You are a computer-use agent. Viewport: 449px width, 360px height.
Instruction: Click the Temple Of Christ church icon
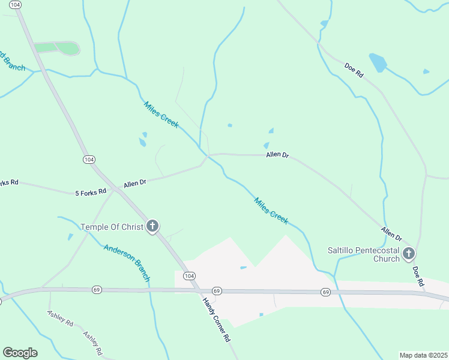point(152,226)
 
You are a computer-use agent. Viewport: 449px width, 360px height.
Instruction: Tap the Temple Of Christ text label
point(112,227)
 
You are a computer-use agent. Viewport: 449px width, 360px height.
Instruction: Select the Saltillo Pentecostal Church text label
point(363,254)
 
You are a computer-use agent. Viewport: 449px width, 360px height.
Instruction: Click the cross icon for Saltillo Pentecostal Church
point(409,254)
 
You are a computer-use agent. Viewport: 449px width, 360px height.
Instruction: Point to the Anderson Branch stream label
point(127,263)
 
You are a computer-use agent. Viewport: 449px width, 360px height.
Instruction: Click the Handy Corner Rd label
point(217,320)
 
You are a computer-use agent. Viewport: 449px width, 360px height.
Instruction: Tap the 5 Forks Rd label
point(91,192)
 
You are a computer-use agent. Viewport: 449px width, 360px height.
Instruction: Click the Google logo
point(20,353)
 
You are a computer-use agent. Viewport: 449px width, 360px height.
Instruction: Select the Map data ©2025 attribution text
point(423,355)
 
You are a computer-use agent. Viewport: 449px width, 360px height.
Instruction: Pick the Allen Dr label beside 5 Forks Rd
point(135,183)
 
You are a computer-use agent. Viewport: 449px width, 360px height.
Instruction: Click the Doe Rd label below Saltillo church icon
point(418,274)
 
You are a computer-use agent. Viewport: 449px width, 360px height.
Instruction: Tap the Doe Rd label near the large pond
point(354,70)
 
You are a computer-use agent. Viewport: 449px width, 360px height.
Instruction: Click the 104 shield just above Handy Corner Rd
point(190,275)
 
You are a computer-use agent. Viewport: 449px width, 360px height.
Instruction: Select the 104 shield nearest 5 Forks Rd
point(89,159)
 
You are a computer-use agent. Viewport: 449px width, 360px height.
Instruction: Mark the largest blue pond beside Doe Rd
point(378,62)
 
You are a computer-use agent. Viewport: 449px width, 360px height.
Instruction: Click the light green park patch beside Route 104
point(58,48)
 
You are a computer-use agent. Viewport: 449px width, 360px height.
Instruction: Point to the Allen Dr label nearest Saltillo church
point(391,233)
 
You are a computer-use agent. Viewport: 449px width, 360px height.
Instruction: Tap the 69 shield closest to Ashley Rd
point(97,289)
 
